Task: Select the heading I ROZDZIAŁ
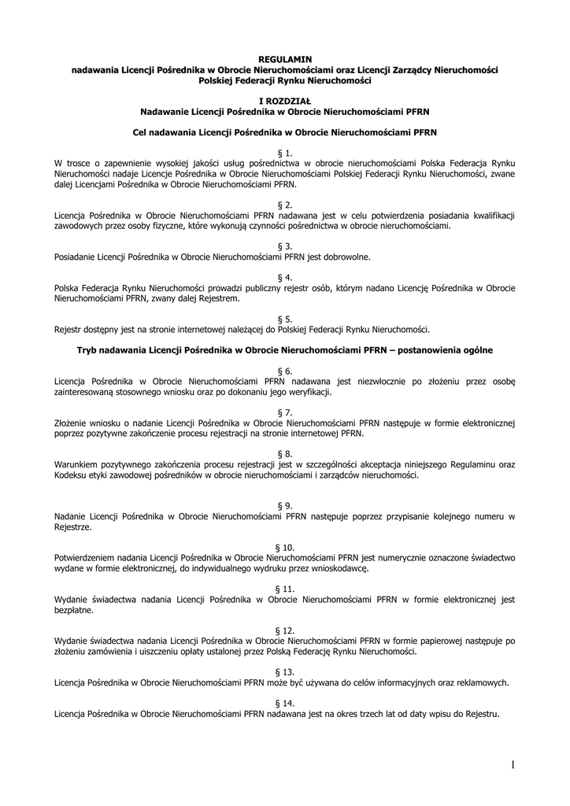pyautogui.click(x=285, y=102)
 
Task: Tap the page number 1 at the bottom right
pyautogui.click(x=512, y=764)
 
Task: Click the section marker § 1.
pyautogui.click(x=285, y=153)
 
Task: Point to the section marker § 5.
pyautogui.click(x=285, y=319)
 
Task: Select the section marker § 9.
pyautogui.click(x=285, y=505)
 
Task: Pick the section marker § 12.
pyautogui.click(x=285, y=630)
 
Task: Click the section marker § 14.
pyautogui.click(x=285, y=702)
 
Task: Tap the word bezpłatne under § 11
pyautogui.click(x=73, y=609)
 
